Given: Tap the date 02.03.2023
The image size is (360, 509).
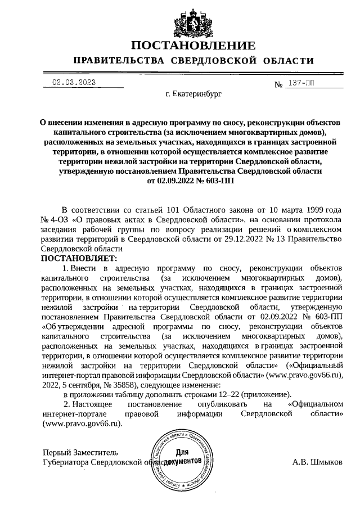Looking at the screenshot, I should pyautogui.click(x=74, y=83).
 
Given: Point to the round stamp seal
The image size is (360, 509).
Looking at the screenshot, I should pyautogui.click(x=181, y=457).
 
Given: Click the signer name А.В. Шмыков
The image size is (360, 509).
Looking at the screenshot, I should pyautogui.click(x=317, y=462).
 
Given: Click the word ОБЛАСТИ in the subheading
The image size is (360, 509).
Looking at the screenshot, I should pyautogui.click(x=287, y=61).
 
